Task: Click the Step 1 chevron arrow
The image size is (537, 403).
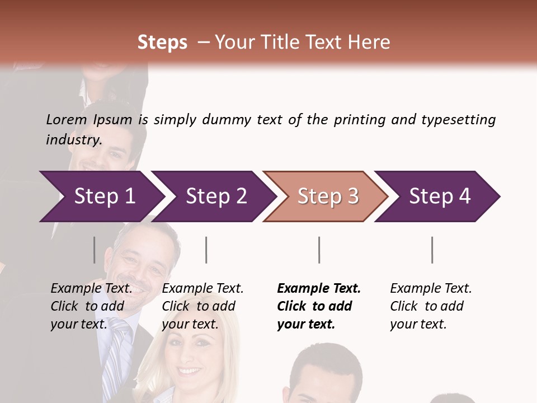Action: [x=104, y=196]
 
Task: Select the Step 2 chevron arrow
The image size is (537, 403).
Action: [x=216, y=196]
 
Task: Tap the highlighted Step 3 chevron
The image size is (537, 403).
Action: [x=328, y=196]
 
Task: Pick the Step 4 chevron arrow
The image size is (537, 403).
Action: [x=440, y=196]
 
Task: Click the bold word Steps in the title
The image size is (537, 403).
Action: [x=162, y=42]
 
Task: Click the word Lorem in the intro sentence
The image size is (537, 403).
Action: [x=67, y=119]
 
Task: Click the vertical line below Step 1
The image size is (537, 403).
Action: [x=95, y=250]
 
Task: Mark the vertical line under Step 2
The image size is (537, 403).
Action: [x=206, y=250]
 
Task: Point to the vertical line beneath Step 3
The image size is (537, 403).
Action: [x=319, y=250]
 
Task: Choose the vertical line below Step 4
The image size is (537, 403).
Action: [x=432, y=250]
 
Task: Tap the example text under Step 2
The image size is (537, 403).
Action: [x=202, y=306]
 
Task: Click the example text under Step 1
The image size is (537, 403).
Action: [x=91, y=306]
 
